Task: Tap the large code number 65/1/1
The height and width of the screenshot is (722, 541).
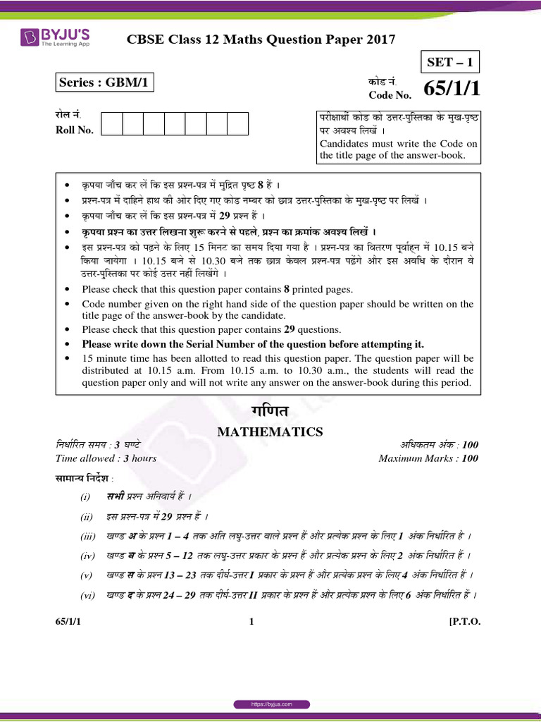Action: (452, 90)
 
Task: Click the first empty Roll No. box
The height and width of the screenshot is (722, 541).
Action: (112, 123)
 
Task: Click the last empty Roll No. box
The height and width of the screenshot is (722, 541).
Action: (237, 123)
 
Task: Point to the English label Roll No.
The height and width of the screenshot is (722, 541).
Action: (75, 130)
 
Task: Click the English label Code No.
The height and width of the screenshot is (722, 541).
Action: (390, 95)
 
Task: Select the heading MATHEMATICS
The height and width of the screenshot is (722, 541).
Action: (270, 432)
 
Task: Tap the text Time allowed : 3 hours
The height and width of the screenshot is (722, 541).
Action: (106, 458)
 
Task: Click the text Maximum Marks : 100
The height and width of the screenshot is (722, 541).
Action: (428, 458)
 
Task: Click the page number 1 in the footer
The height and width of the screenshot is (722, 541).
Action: (251, 621)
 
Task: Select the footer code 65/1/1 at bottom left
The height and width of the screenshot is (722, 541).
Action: (68, 621)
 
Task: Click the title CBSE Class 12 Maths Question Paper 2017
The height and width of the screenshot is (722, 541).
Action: (261, 40)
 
